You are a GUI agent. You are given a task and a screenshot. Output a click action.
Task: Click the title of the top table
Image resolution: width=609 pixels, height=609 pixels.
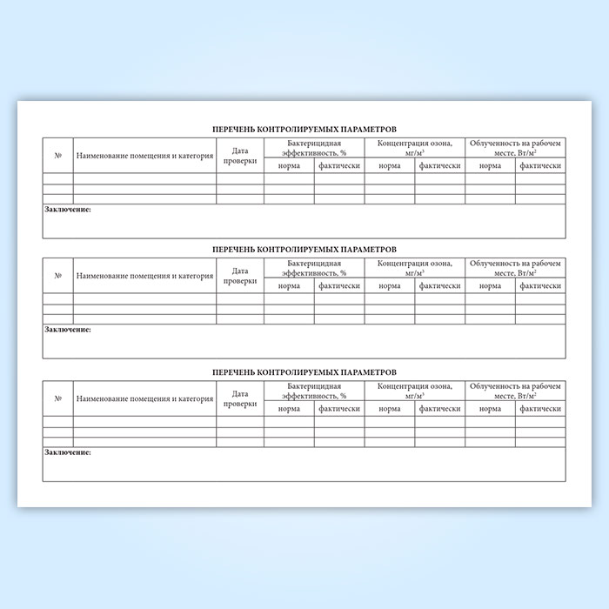[304, 128]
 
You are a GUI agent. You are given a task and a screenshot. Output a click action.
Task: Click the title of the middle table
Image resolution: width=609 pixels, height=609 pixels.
[304, 249]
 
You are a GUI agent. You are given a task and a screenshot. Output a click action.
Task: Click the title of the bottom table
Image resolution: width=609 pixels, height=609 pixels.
[304, 371]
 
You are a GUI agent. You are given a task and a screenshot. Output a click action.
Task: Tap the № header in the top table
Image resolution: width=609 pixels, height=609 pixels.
[57, 156]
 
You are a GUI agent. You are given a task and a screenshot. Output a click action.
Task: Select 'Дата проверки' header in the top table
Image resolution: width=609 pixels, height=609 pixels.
[240, 156]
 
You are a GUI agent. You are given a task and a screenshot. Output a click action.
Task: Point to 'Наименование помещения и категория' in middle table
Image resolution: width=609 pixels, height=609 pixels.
[144, 277]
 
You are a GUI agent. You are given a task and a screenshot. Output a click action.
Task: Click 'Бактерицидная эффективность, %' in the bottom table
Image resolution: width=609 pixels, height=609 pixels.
[314, 390]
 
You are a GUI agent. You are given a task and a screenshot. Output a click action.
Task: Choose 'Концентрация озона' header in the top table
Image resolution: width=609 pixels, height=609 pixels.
[414, 147]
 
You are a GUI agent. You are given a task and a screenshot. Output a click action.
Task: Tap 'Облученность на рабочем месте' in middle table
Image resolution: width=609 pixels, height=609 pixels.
[516, 268]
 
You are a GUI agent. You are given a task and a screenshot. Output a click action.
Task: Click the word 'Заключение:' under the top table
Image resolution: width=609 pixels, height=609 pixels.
[68, 210]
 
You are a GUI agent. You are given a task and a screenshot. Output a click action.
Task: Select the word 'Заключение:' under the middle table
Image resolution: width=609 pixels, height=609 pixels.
[68, 331]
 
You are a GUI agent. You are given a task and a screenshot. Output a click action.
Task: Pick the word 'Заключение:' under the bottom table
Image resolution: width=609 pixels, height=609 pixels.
[68, 452]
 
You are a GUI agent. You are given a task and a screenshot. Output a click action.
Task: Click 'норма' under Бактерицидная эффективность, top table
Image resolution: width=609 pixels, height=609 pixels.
[289, 165]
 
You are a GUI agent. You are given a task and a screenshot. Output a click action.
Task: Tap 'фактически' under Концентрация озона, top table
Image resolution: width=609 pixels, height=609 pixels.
[439, 165]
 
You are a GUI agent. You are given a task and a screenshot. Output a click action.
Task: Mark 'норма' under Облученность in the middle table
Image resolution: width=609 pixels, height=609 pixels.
[490, 286]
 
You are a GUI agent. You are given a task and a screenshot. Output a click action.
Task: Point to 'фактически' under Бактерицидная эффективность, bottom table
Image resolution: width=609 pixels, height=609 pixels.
[339, 408]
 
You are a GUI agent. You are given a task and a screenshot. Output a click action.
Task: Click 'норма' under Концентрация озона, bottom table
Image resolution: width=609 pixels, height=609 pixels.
[389, 408]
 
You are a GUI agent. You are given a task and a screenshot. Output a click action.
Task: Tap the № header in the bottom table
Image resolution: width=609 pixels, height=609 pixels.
[57, 398]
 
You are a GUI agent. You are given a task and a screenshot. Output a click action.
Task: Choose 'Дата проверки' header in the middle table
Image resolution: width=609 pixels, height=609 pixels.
[240, 277]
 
